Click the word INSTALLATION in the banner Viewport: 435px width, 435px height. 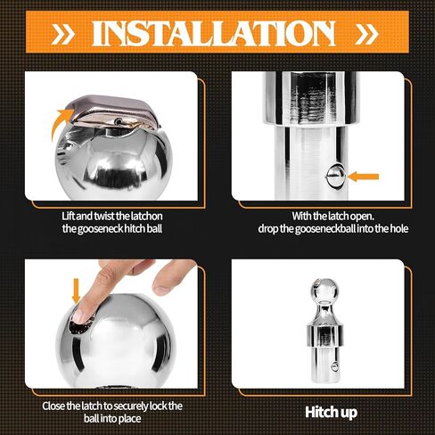point(214,33)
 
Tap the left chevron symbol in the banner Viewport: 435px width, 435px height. point(63,34)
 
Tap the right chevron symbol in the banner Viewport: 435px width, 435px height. point(366,34)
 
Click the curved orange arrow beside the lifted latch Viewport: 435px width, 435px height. point(61,122)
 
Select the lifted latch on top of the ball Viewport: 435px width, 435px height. point(113,112)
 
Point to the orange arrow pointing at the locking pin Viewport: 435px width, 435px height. point(363,176)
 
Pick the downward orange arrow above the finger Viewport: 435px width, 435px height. point(77,291)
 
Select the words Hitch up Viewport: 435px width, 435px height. point(331,413)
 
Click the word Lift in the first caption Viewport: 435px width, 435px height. point(68,216)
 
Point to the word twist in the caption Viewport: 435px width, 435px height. point(103,216)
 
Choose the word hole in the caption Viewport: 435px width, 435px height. point(398,228)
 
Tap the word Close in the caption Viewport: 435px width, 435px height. point(53,406)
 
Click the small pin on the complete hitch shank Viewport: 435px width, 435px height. point(334,367)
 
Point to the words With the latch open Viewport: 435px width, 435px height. point(332,216)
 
